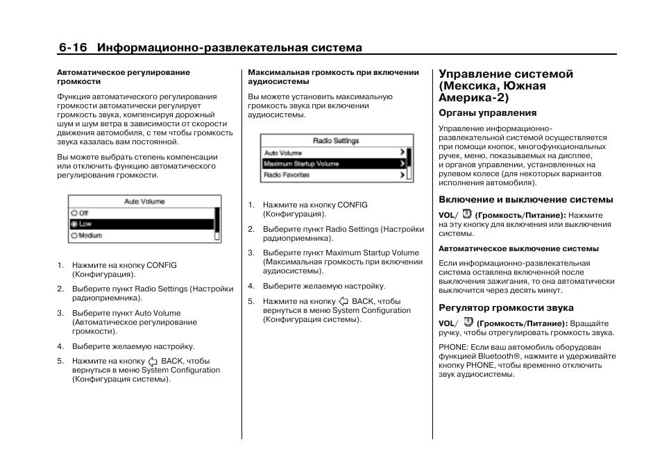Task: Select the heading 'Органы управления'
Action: point(487,112)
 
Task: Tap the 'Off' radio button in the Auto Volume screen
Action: point(74,213)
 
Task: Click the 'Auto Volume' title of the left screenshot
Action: point(144,202)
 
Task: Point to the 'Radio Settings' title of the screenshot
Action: point(336,141)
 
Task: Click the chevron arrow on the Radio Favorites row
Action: point(402,176)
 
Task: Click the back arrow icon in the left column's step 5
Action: point(153,362)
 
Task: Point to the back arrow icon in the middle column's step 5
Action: point(343,302)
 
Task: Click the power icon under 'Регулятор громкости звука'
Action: point(468,323)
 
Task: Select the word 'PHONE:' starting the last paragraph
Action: point(453,347)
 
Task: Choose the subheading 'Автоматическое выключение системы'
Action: point(518,248)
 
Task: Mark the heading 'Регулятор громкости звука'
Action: point(506,307)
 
